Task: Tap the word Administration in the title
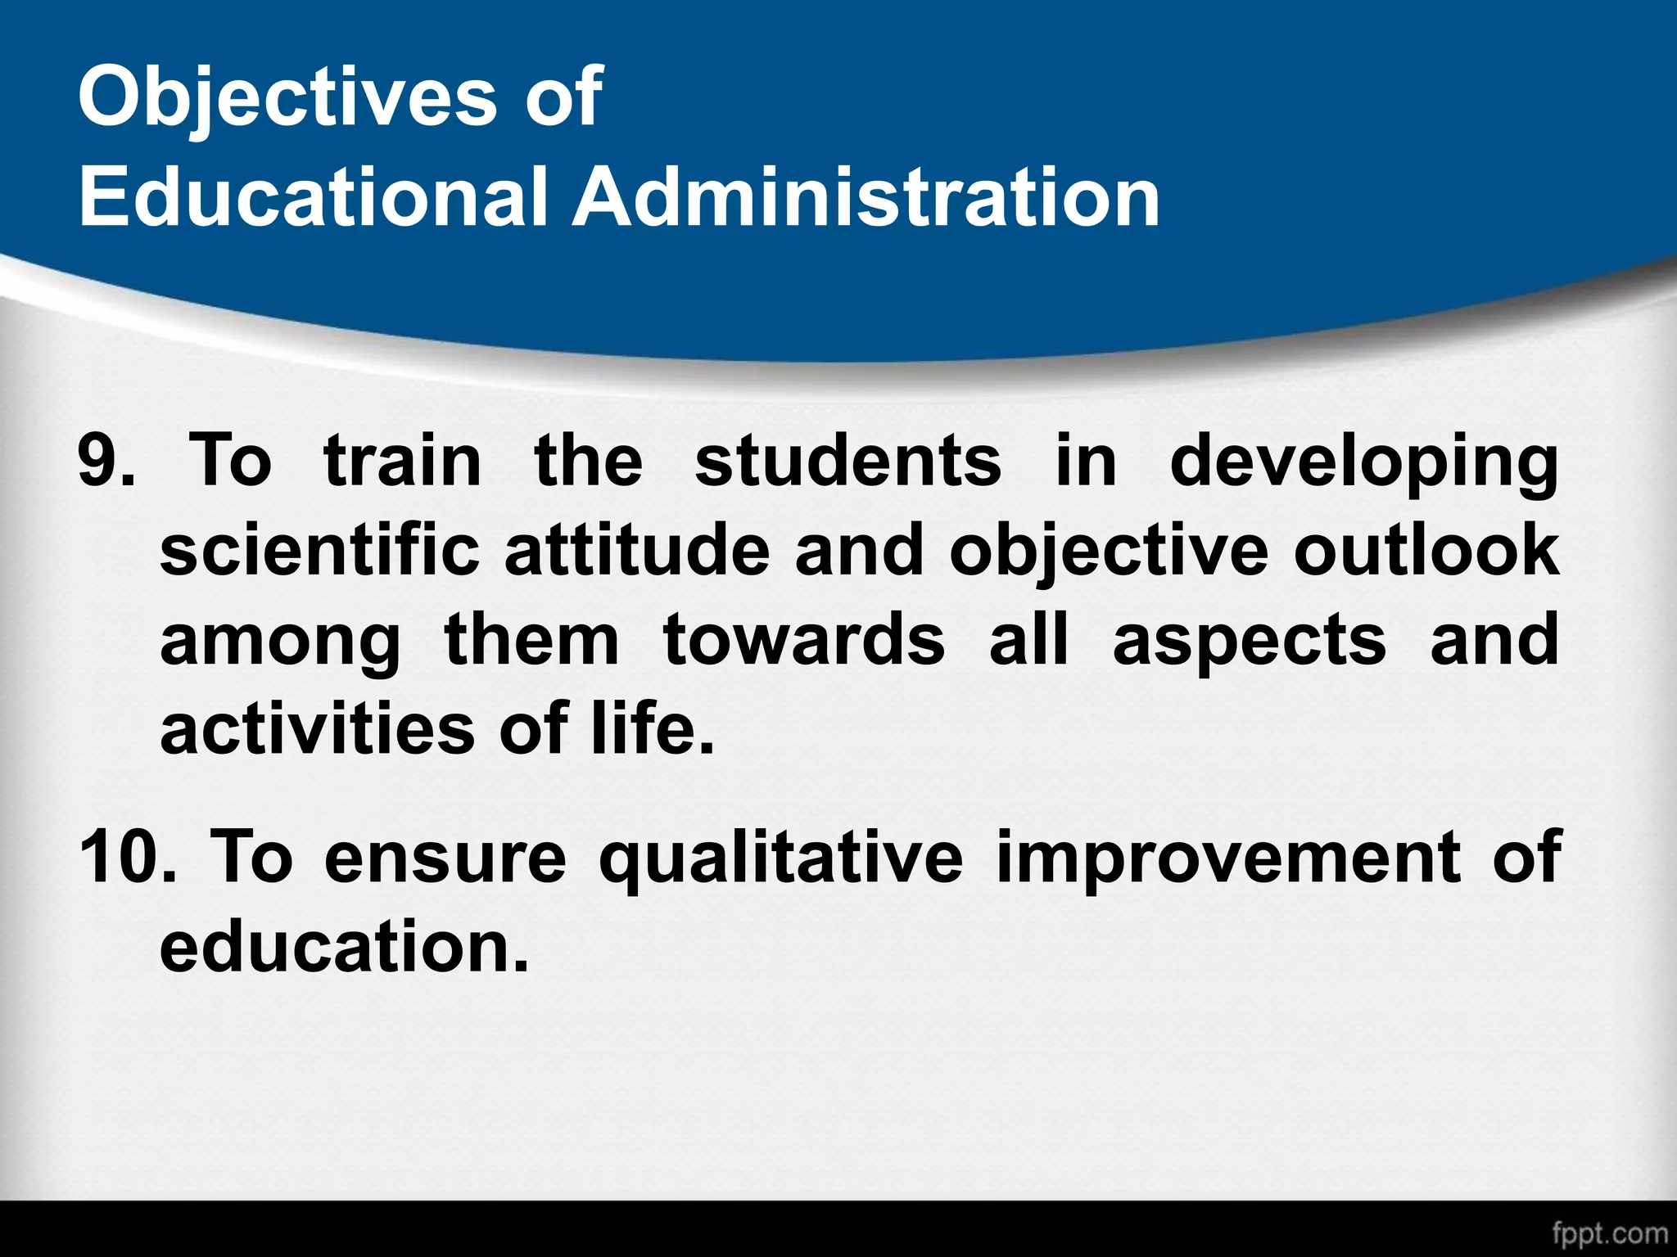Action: coord(865,196)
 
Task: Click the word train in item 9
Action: coord(403,462)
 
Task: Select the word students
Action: coord(848,462)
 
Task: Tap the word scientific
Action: coord(319,550)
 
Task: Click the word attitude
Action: coord(637,550)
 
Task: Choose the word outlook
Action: coord(1426,550)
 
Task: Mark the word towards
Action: coord(803,640)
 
